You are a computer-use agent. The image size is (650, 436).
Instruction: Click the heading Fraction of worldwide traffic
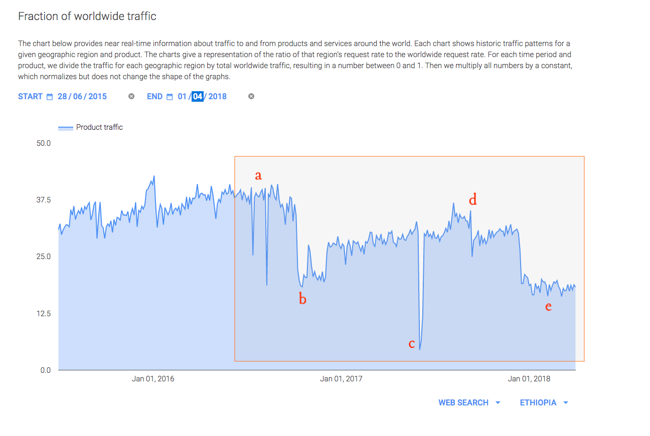(x=87, y=16)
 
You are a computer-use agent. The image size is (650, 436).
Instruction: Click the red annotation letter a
(x=258, y=175)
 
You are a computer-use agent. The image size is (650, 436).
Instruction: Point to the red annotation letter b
(x=302, y=300)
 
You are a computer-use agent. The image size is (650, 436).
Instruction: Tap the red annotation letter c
(x=412, y=344)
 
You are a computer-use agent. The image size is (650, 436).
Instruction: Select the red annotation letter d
(x=472, y=200)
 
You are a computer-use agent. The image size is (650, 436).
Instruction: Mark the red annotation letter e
(x=548, y=306)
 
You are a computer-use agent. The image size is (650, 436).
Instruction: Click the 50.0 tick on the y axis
(x=44, y=143)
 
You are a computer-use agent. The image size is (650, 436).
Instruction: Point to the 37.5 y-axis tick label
(x=44, y=200)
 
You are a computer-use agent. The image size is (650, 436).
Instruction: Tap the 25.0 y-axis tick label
(x=44, y=257)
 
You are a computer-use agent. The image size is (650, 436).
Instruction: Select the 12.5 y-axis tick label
(x=44, y=314)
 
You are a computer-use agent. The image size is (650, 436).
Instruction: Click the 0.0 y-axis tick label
(x=46, y=370)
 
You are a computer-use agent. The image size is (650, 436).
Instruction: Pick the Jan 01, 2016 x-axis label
(x=153, y=379)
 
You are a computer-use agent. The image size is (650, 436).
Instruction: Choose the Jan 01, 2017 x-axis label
(x=341, y=379)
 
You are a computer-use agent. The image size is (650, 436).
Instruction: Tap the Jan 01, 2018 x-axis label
(x=529, y=379)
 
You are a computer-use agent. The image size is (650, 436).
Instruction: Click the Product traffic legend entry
(x=99, y=127)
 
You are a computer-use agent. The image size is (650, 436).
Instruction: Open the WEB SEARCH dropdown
(x=469, y=402)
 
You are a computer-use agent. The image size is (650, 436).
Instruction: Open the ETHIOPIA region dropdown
(x=544, y=402)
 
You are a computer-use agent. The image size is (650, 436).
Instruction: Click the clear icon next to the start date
(x=131, y=96)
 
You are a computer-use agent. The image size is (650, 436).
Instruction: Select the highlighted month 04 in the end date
(x=198, y=96)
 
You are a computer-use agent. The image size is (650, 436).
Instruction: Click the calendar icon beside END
(x=170, y=97)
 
